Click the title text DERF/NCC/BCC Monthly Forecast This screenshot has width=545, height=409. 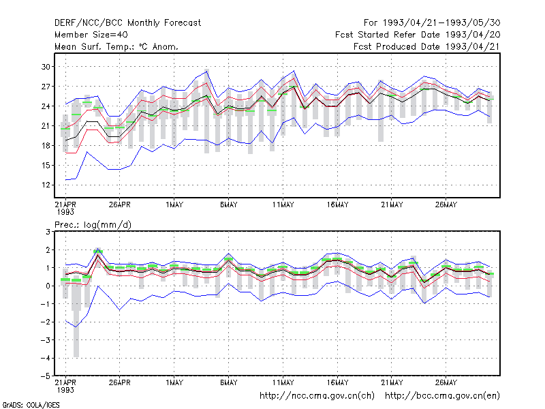(127, 23)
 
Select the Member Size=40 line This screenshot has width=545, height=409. (91, 35)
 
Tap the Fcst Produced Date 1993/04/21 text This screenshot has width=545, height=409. (427, 46)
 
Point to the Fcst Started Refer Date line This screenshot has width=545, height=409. (418, 35)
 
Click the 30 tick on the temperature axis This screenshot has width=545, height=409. (46, 66)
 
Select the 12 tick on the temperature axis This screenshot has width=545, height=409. (46, 185)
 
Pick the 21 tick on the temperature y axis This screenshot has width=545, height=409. (46, 125)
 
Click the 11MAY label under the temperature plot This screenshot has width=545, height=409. (283, 204)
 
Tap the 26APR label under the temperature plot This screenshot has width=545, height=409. (120, 204)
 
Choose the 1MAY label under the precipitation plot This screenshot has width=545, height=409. (174, 382)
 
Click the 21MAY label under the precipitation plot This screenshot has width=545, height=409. (392, 382)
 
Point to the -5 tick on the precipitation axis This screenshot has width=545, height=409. (46, 376)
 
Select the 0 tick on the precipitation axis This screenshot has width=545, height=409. (48, 286)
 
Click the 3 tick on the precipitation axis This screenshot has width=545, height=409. (48, 232)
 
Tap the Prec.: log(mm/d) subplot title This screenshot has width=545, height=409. (93, 225)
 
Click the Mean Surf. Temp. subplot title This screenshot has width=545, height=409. (116, 46)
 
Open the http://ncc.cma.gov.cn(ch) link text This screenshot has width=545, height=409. (317, 396)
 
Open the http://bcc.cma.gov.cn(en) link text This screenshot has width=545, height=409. (442, 396)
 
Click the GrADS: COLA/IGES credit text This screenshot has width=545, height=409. (31, 405)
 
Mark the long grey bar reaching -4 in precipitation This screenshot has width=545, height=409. (76, 316)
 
